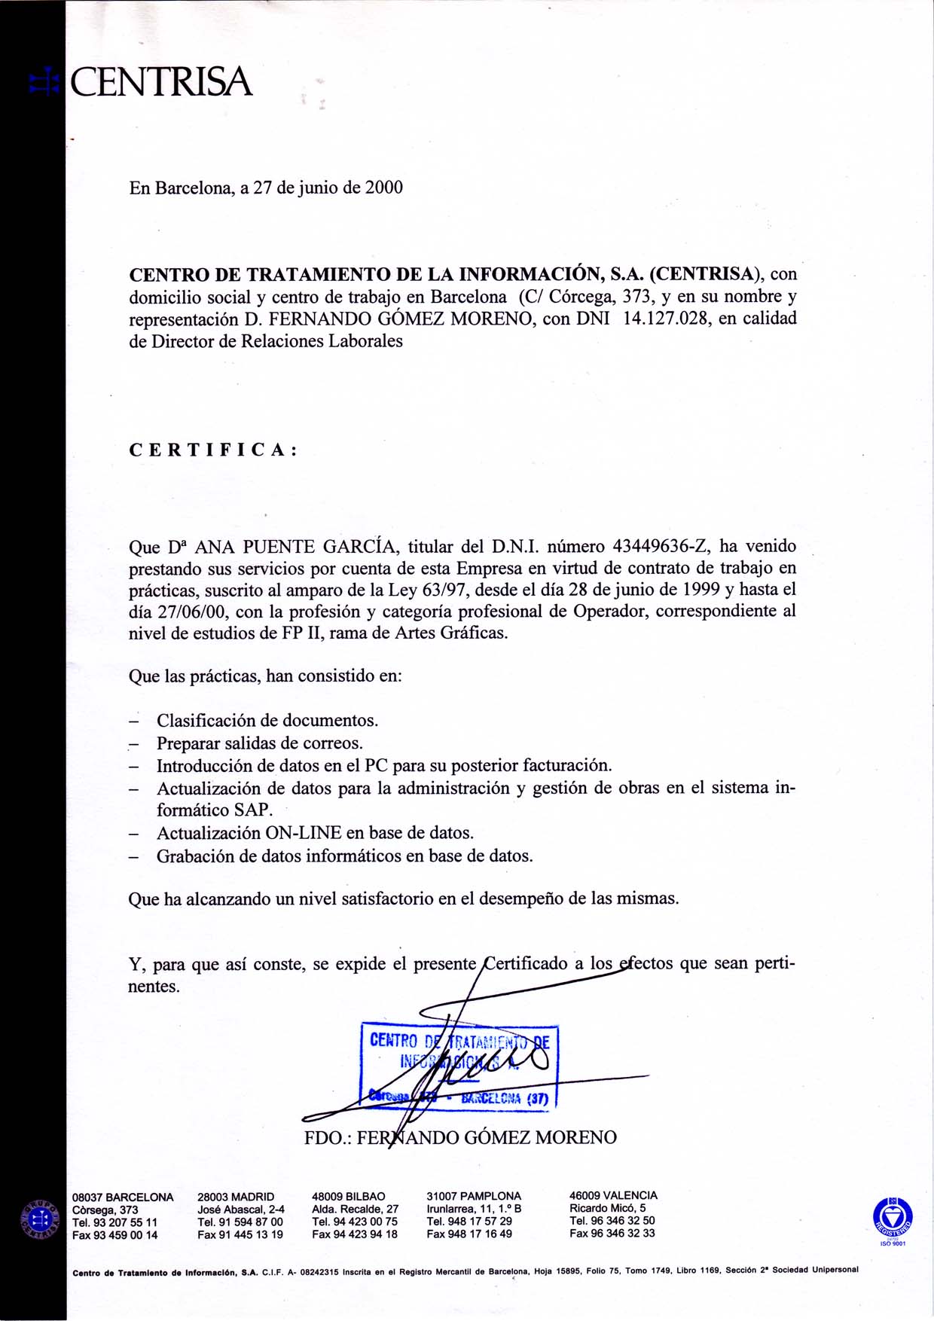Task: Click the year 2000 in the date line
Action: click(384, 188)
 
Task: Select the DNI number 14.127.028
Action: click(666, 319)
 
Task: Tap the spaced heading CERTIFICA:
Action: click(213, 450)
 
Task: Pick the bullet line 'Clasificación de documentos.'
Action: click(267, 721)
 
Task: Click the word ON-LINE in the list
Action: click(303, 833)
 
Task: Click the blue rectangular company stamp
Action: click(459, 1066)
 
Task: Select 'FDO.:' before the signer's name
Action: click(327, 1137)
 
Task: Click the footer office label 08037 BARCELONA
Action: click(123, 1197)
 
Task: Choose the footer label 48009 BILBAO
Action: click(348, 1197)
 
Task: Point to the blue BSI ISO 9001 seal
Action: click(892, 1217)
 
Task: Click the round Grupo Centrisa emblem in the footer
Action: click(43, 1218)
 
